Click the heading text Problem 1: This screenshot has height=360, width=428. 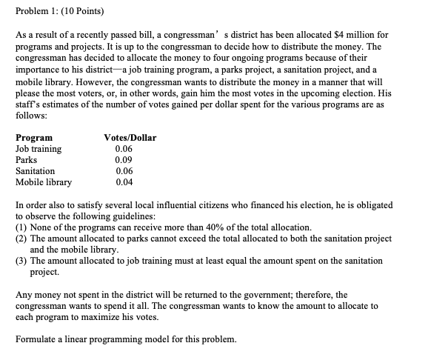[36, 12]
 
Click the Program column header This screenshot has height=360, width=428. [34, 138]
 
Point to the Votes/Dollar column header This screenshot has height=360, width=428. [130, 138]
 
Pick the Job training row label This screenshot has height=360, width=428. [39, 149]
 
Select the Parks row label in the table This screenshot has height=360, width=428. [27, 160]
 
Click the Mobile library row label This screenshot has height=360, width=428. [44, 182]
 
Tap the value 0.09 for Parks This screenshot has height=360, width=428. [124, 160]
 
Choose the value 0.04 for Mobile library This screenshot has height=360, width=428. [124, 182]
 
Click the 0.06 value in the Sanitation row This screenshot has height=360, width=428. [124, 171]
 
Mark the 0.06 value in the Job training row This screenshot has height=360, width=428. [124, 149]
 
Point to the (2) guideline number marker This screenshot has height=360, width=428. [21, 239]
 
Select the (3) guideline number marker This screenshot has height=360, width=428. [21, 261]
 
